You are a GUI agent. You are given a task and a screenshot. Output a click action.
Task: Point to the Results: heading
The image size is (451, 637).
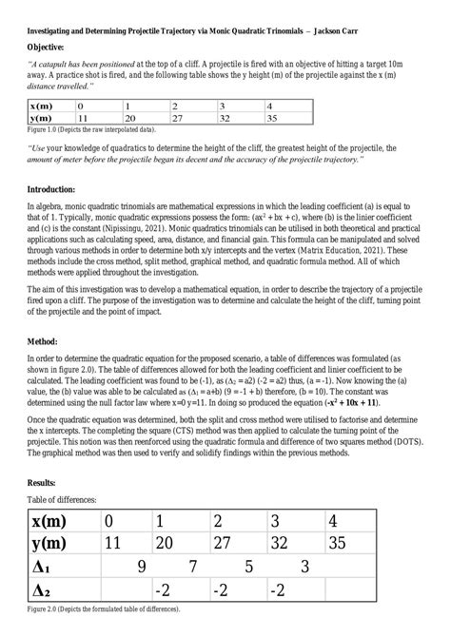point(43,483)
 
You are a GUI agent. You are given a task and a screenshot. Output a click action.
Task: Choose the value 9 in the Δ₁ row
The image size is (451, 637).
point(141,567)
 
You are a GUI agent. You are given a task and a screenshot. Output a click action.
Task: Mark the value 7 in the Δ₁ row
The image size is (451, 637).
point(194,567)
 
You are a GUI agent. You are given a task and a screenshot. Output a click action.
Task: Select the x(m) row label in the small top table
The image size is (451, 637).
point(41,106)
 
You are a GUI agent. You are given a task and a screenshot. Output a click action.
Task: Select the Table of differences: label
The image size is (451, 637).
point(63,499)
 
